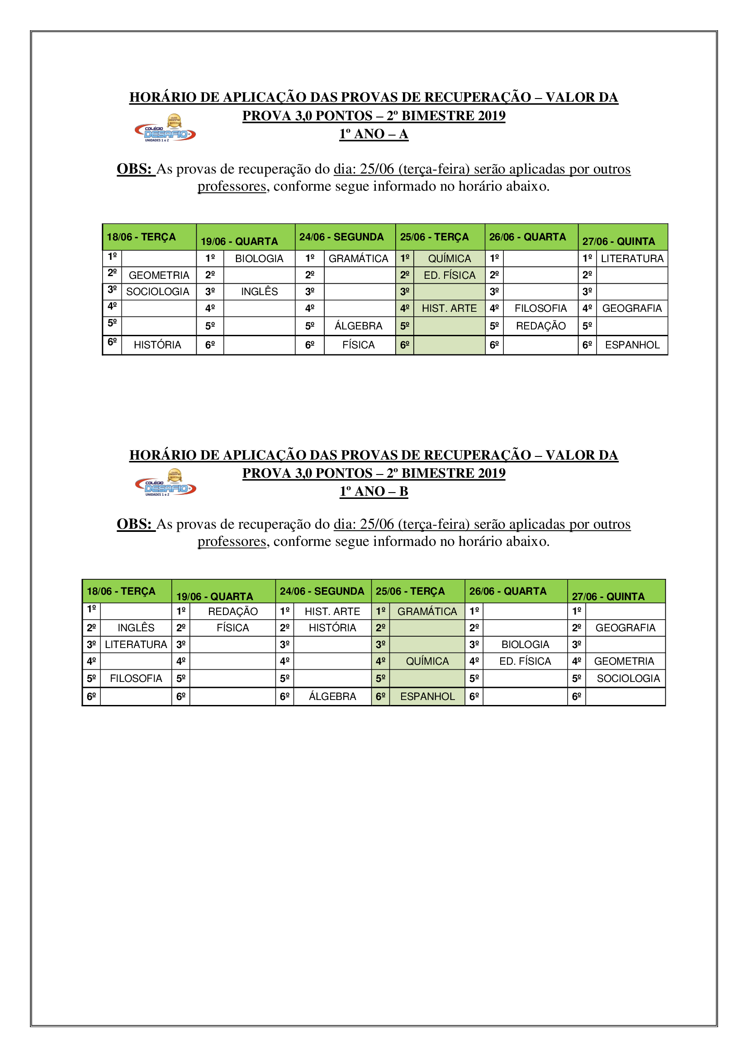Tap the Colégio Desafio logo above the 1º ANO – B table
coord(166,483)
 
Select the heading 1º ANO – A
coord(374,134)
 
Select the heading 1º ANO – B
coord(374,491)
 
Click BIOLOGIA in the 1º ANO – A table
coord(259,259)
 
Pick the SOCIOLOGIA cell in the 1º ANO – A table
coord(157,292)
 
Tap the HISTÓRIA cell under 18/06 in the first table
coord(157,345)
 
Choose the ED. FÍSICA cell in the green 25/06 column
coord(449,275)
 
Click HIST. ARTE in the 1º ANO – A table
coord(449,309)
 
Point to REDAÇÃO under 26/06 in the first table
coord(540,326)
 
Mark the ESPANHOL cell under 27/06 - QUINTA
coord(632,345)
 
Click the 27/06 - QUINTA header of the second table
coord(608,596)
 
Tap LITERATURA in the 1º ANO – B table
coord(136,644)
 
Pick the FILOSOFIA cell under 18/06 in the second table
coord(136,678)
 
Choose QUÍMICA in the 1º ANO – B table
coord(427,661)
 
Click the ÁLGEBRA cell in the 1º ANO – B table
coord(332,696)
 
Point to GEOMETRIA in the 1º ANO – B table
coord(624,661)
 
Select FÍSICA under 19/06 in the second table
coord(232,628)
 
